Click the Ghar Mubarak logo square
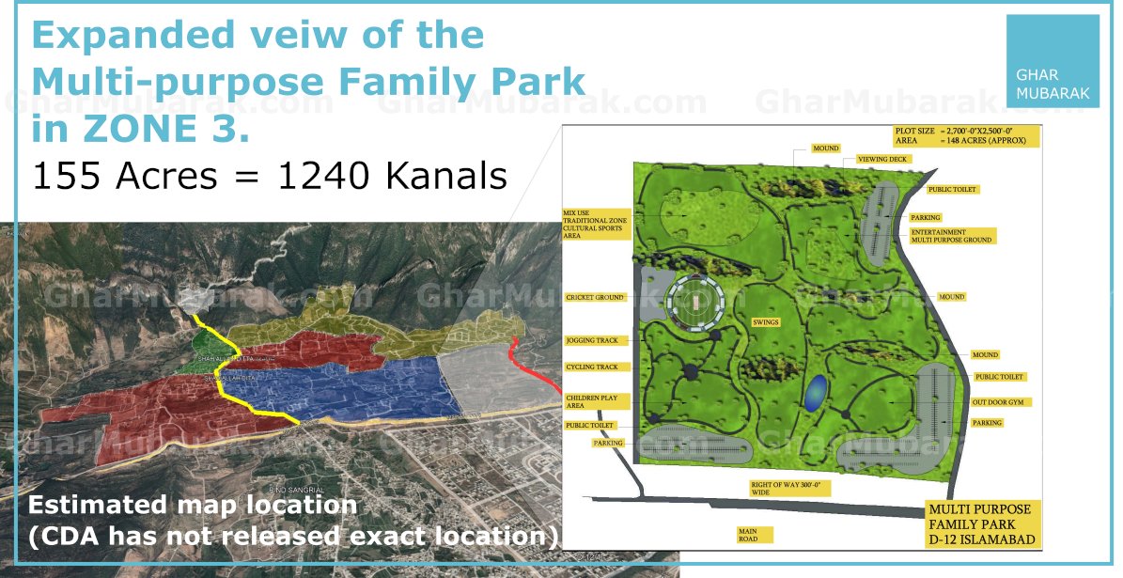(x=1052, y=61)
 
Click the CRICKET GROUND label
(x=595, y=297)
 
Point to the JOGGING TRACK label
(x=593, y=340)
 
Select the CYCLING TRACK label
(x=593, y=367)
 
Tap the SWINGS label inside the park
(x=766, y=321)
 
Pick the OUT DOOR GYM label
(x=1003, y=402)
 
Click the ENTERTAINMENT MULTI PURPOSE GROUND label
(x=952, y=235)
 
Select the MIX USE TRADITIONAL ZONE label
(x=596, y=221)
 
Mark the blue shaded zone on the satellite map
(x=357, y=385)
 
